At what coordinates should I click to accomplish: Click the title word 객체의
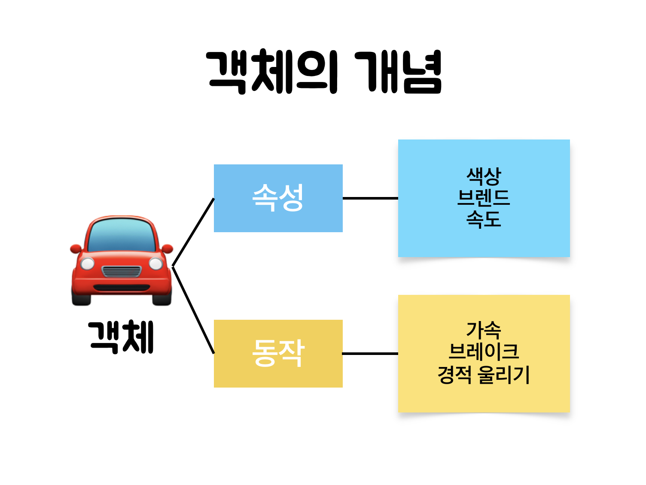point(272,72)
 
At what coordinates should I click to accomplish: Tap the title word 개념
point(399,72)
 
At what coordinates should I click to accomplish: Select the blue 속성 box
point(278,198)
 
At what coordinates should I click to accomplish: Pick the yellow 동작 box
point(278,353)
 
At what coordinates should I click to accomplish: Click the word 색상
point(484,176)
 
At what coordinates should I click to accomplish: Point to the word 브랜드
point(484,197)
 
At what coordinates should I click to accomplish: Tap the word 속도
point(484,219)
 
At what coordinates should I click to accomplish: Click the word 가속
point(484,330)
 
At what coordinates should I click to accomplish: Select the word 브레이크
point(484,352)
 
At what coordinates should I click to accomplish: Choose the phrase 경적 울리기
point(484,374)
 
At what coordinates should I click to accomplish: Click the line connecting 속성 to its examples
point(370,198)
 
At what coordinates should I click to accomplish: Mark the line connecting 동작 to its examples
point(370,354)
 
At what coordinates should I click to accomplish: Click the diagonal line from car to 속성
point(193,232)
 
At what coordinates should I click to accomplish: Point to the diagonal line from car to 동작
point(193,310)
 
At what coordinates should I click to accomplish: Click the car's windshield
point(122,236)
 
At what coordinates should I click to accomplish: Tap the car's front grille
point(122,271)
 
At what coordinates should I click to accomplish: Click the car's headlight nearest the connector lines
point(155,263)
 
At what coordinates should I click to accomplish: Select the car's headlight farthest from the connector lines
point(87,263)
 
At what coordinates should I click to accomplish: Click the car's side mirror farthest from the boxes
point(76,249)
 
